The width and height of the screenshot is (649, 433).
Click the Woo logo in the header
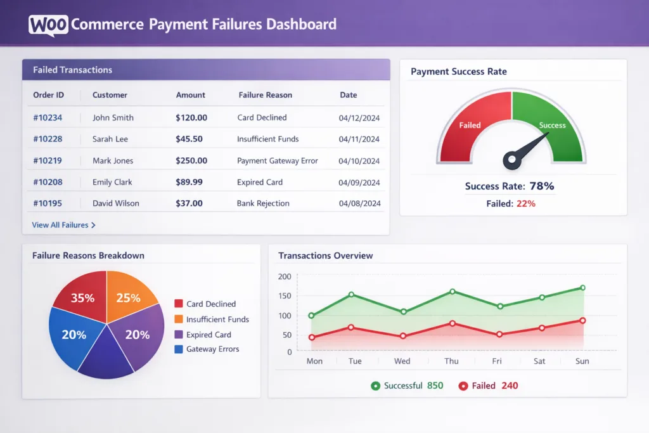pos(49,25)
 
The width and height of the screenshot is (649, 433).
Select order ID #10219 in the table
pos(48,161)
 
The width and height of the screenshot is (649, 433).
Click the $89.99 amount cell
pos(189,183)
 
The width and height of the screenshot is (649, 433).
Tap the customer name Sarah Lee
pos(110,139)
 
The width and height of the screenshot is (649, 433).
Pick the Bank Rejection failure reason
pos(263,204)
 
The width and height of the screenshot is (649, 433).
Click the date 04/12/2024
pos(359,118)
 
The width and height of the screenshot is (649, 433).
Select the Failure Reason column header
pos(265,95)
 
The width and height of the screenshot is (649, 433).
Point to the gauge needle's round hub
pos(512,160)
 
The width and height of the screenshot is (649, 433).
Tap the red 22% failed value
pos(525,204)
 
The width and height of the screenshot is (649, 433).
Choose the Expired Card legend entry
pos(208,335)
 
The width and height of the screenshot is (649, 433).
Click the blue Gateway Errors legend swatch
pos(178,349)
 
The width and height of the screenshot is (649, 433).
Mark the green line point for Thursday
pos(453,292)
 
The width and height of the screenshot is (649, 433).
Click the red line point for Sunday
pos(582,321)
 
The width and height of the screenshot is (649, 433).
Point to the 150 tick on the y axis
pos(285,296)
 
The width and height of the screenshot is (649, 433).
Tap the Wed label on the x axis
pos(402,361)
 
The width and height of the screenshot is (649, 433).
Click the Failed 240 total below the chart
pos(488,385)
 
